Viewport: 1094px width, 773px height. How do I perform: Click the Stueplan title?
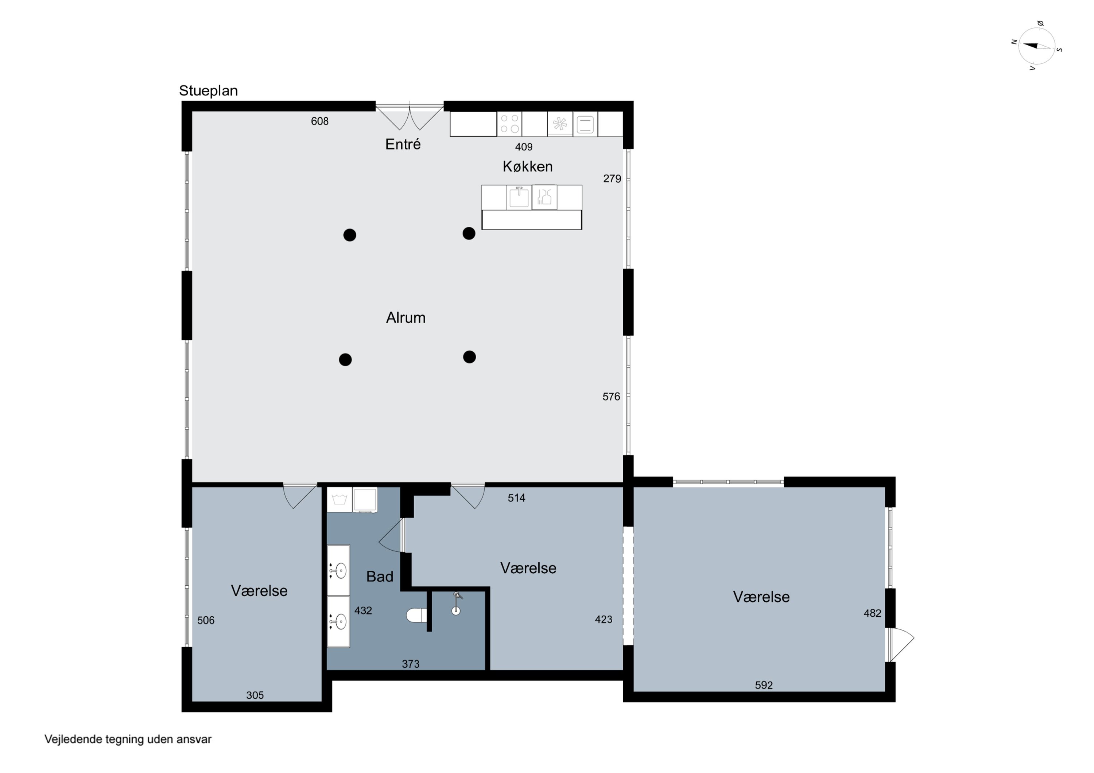click(x=208, y=90)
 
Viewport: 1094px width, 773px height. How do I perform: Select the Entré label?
click(x=403, y=144)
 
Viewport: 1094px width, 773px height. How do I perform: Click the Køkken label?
click(x=527, y=166)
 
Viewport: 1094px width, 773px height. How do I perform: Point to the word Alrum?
click(x=406, y=318)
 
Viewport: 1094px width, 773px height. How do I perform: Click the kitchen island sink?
click(x=519, y=197)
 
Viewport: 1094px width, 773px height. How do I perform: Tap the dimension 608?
click(x=320, y=121)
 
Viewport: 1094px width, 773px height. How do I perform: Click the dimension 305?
click(x=255, y=695)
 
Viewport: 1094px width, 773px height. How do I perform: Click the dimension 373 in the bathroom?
click(x=410, y=664)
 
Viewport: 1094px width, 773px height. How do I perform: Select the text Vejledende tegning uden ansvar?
click(x=128, y=739)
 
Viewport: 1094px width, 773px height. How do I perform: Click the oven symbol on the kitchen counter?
click(x=585, y=124)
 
